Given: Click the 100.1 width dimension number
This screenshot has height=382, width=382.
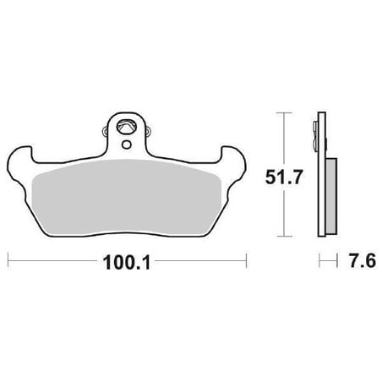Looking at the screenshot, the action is pyautogui.click(x=127, y=263).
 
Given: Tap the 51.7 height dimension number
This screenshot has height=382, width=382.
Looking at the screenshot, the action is pyautogui.click(x=284, y=177).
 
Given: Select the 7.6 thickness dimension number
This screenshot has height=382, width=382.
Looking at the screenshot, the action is pyautogui.click(x=362, y=260).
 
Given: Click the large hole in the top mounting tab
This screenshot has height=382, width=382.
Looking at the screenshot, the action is pyautogui.click(x=126, y=127).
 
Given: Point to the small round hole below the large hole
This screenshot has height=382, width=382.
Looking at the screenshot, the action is pyautogui.click(x=127, y=145).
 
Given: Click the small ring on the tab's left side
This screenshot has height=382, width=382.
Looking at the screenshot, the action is pyautogui.click(x=105, y=131).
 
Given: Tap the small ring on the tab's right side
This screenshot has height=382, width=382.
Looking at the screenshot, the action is pyautogui.click(x=149, y=131).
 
